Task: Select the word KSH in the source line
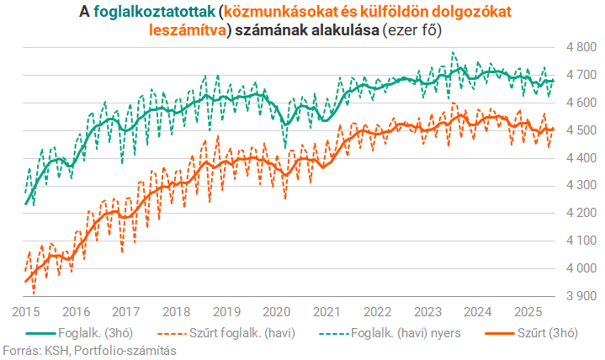(52, 351)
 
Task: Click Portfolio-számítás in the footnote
(125, 351)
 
